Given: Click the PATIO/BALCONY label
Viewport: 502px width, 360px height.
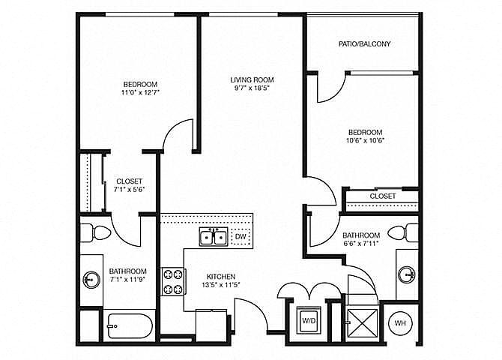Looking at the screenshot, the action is [365, 43].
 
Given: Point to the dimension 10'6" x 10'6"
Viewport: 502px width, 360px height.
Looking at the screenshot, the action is [365, 140].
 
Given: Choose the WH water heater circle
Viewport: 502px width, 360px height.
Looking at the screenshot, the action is [400, 322].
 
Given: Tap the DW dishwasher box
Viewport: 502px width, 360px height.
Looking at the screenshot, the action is [240, 238].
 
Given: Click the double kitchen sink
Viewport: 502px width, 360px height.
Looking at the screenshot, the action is [214, 238].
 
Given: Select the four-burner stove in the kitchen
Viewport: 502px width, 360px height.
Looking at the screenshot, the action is [174, 281].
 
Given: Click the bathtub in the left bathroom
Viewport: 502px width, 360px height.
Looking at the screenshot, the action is [130, 325].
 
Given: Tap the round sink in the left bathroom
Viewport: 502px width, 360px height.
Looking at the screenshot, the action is [91, 280].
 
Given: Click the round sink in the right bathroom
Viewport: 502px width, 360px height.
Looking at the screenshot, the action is [405, 274].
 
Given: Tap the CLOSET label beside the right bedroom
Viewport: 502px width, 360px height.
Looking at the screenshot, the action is [383, 196].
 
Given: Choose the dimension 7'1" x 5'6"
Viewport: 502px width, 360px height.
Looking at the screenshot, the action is [130, 189].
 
